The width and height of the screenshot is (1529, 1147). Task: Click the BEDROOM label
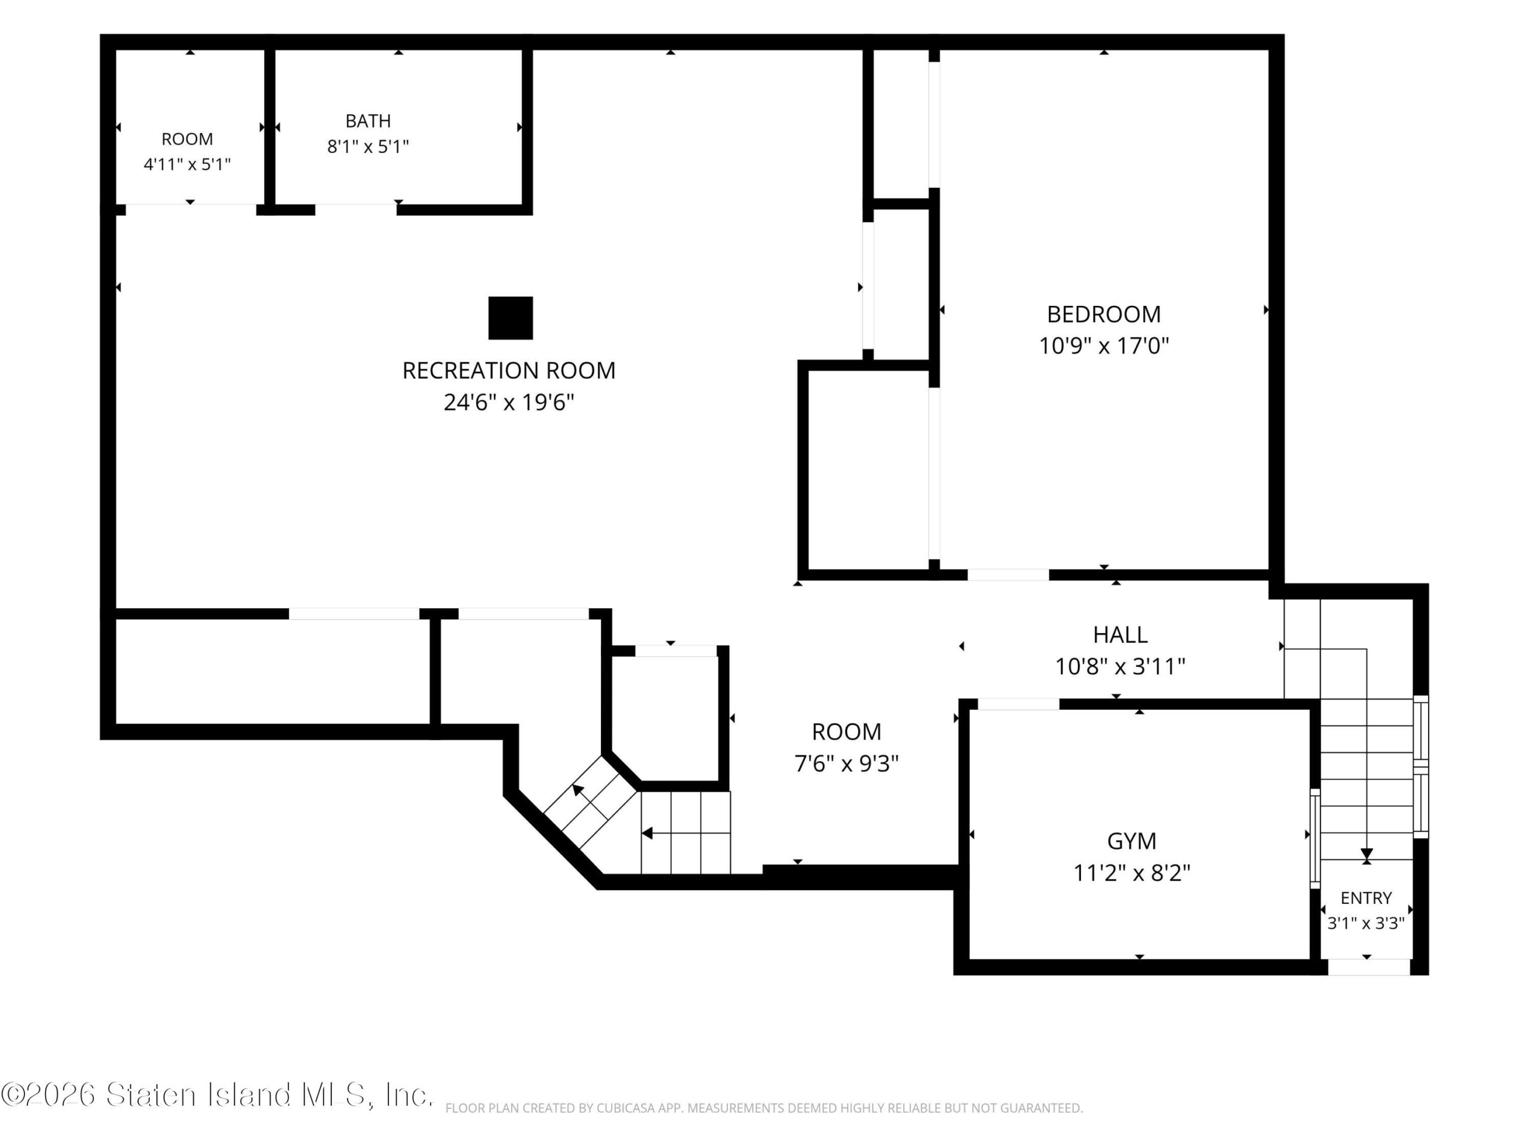pos(1103,315)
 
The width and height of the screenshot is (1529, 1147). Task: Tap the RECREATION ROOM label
pos(509,371)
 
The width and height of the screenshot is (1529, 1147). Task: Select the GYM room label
pos(1132,841)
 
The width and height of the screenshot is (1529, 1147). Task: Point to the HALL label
pos(1120,634)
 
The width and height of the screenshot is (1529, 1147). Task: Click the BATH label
pos(368,121)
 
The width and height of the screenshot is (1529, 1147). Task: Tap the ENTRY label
pos(1366,898)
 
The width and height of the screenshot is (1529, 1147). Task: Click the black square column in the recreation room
pos(510,318)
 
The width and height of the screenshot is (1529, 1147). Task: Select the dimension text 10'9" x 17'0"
pos(1103,346)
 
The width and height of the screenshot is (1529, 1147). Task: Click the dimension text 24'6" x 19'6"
pos(509,403)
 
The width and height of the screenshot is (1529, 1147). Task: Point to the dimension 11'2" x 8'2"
pos(1132,873)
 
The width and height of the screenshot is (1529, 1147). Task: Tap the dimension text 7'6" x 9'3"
pos(846,764)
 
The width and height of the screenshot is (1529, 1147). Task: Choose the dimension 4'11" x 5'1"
pos(186,164)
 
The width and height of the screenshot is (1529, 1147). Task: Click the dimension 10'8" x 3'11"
pos(1120,667)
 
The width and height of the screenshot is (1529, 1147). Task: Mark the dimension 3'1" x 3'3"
pos(1366,923)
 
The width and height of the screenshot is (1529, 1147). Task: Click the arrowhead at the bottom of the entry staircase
pos(1367,855)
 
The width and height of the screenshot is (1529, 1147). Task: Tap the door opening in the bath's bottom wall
pos(356,209)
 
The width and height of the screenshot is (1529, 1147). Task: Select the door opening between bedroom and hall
pos(1008,575)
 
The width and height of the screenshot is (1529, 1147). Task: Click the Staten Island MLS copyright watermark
pos(217,1094)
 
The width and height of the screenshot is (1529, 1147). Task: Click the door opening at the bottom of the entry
pos(1369,967)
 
